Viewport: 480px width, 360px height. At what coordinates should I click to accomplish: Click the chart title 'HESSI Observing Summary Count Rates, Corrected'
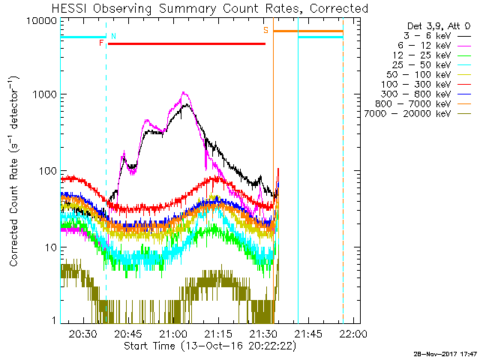point(200,9)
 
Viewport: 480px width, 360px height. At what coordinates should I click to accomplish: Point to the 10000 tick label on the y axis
point(43,20)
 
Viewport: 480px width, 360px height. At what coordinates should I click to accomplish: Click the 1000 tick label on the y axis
point(46,95)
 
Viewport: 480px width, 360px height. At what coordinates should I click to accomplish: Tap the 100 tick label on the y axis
point(49,171)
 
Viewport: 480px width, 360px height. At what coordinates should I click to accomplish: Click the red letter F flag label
point(101,43)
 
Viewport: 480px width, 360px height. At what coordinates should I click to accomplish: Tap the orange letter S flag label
point(265,31)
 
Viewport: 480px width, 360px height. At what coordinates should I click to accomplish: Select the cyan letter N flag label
point(113,36)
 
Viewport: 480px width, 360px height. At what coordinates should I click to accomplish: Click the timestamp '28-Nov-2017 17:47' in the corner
point(444,352)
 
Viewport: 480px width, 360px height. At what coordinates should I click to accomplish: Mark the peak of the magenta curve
point(184,93)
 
